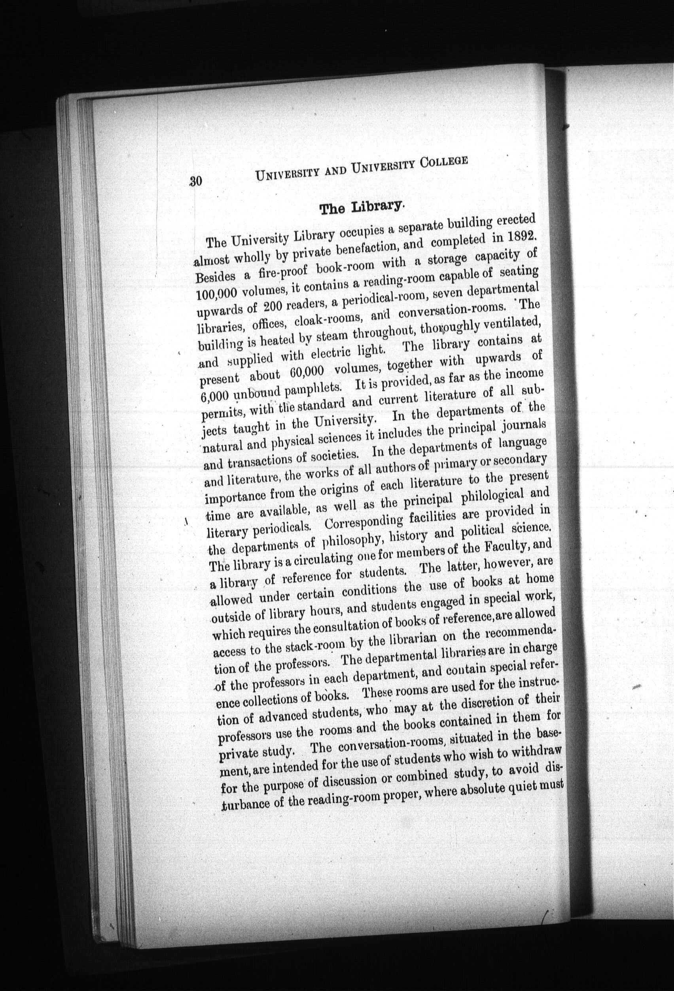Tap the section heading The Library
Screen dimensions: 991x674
360,208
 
